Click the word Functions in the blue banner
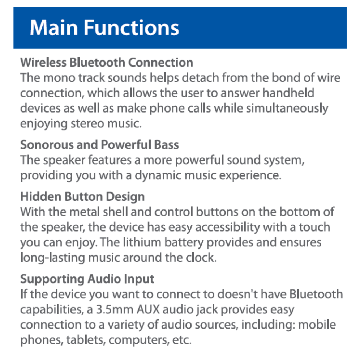[x=131, y=28]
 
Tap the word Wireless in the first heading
[x=43, y=63]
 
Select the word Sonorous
[x=46, y=145]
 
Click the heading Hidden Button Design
[x=82, y=197]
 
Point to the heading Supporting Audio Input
[x=87, y=279]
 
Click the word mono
[x=59, y=78]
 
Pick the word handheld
[x=288, y=93]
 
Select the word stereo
[x=87, y=124]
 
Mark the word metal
[x=85, y=212]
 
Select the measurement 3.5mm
[x=115, y=310]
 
